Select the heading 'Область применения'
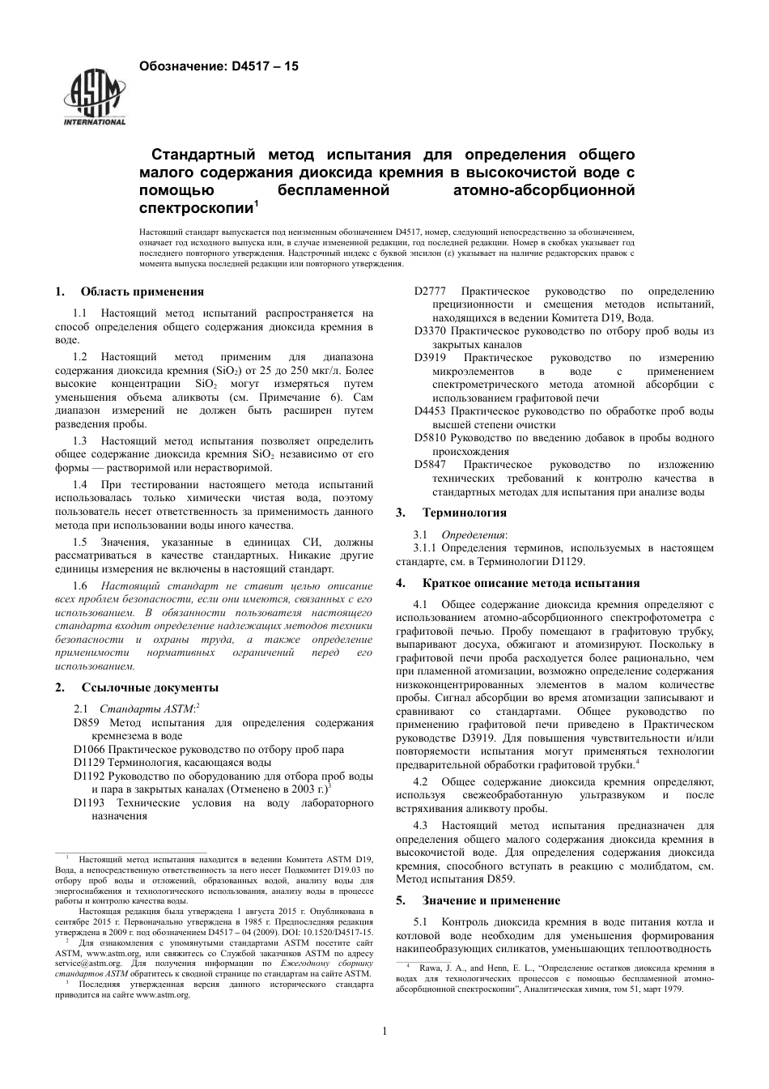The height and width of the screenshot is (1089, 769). tap(142, 291)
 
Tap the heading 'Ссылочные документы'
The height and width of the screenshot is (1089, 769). tap(149, 687)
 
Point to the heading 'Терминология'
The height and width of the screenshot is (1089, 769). tap(464, 513)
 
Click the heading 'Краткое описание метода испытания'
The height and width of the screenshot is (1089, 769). tap(530, 583)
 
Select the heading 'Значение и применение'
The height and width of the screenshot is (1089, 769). tap(491, 900)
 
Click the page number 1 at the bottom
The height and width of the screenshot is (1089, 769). tap(384, 1031)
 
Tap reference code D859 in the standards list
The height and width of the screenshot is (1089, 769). tap(86, 722)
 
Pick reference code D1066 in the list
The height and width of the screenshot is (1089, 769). tap(89, 749)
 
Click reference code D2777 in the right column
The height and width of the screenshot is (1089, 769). tap(430, 291)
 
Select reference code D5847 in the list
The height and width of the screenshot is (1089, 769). tap(430, 465)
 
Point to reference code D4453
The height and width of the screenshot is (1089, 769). tap(430, 411)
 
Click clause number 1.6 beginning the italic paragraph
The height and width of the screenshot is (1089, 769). tap(80, 585)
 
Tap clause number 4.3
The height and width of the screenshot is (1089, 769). tap(420, 826)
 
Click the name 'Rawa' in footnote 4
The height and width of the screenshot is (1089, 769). tap(430, 968)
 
